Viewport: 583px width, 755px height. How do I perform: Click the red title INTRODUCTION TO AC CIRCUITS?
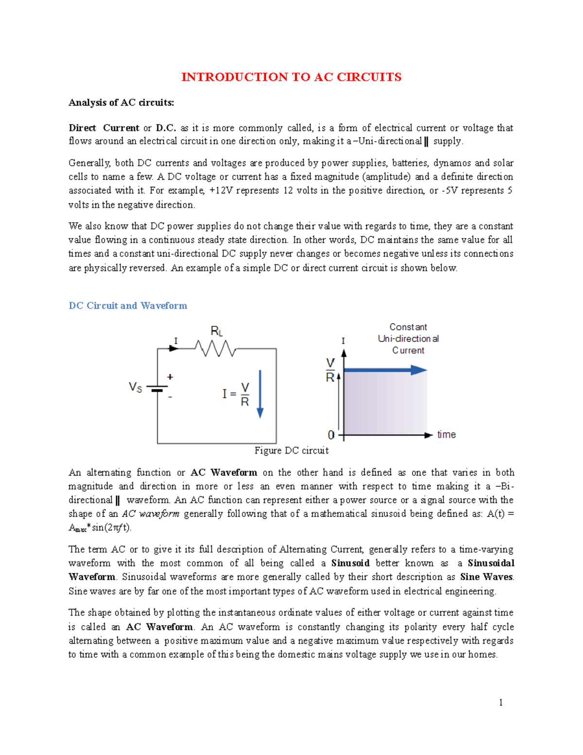coord(291,77)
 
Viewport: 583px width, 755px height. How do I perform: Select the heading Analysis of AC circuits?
coord(121,103)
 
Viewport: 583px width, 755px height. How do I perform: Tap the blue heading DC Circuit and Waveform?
coord(128,306)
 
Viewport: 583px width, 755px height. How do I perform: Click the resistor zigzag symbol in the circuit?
coord(215,348)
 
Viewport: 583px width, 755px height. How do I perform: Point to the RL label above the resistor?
coord(217,332)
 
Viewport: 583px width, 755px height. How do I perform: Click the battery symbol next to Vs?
coord(157,389)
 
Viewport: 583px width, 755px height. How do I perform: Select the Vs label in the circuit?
coord(135,387)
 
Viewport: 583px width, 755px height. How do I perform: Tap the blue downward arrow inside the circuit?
coord(260,394)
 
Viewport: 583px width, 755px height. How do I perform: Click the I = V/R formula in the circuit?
coord(236,394)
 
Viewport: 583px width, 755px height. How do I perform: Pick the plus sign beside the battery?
coord(170,377)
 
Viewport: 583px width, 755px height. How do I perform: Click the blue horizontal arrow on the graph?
coord(385,370)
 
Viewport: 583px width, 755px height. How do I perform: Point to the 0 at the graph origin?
coord(331,435)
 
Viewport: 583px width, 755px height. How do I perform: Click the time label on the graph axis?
coord(446,435)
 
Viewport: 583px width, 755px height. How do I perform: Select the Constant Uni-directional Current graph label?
coord(408,339)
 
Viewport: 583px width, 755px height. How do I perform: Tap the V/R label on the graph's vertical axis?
coord(330,370)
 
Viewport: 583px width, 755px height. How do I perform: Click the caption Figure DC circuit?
coord(291,451)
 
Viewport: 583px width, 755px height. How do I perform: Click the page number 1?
coord(501,702)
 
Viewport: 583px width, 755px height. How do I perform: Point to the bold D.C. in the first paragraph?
coord(166,128)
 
